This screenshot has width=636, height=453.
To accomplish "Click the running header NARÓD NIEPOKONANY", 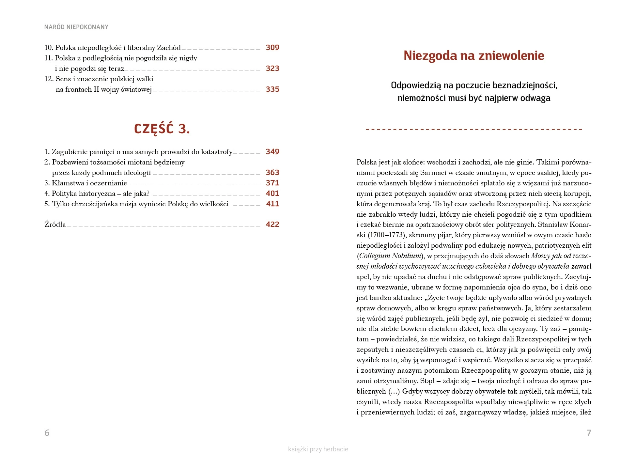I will tap(76, 27).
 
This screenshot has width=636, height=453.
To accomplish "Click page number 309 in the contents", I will tap(272, 48).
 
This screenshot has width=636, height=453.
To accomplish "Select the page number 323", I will tap(272, 69).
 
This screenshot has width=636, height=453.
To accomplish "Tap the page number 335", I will tap(272, 89).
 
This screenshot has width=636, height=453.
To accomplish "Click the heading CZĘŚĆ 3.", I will tap(162, 129).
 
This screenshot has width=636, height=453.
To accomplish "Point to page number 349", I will tap(272, 152).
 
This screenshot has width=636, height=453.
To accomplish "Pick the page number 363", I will tap(272, 173).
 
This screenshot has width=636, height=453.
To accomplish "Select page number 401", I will tap(272, 194).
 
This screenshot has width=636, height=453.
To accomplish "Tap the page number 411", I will tap(272, 204).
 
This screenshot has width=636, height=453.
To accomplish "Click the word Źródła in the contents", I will tap(55, 225).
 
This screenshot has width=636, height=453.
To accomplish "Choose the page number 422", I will tap(272, 225).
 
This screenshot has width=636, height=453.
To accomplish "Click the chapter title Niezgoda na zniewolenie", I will tap(474, 55).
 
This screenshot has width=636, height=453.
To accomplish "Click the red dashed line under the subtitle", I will tap(474, 130).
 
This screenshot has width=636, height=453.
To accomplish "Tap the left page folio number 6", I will tap(47, 433).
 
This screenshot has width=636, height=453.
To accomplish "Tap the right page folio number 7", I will tap(589, 433).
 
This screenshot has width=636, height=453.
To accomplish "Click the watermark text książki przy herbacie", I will tap(318, 449).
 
